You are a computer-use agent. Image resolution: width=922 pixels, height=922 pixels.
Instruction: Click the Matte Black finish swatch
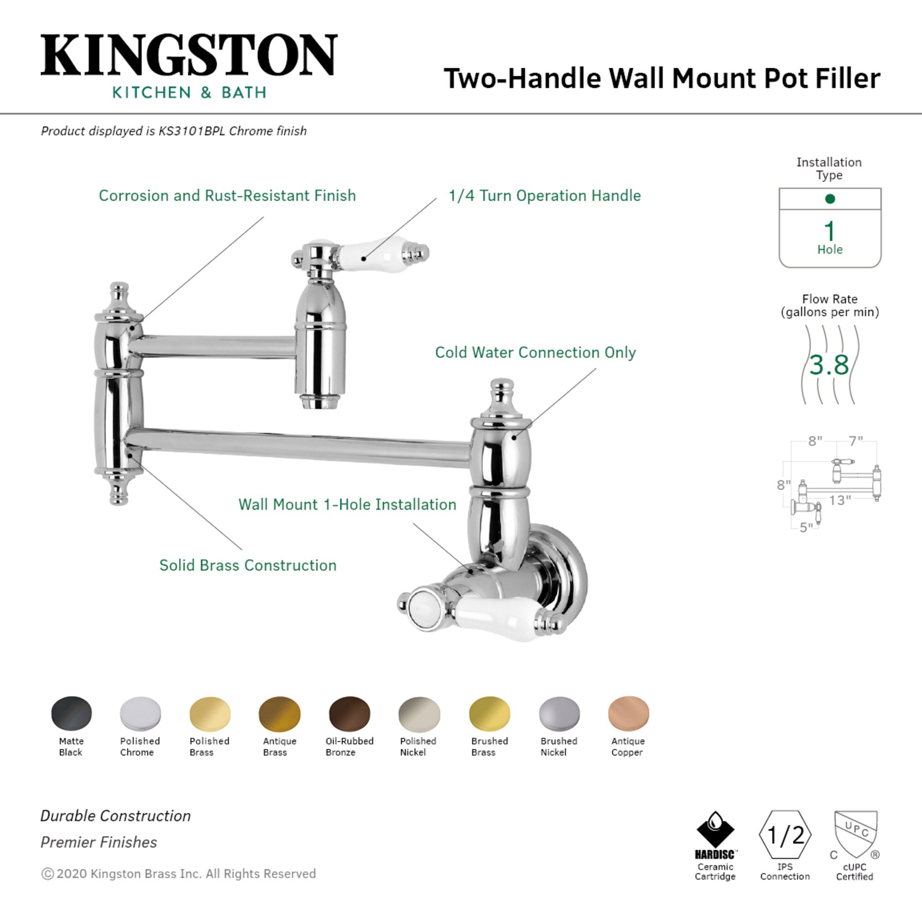pos(71,714)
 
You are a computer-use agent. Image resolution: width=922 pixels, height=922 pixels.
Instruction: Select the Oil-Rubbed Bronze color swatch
pos(349,714)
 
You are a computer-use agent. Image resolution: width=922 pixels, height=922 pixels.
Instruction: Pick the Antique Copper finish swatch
pos(628,714)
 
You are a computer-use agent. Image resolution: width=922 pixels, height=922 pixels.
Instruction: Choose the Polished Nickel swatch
pos(419,714)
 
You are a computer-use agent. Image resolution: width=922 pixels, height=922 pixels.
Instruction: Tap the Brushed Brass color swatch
pos(489,714)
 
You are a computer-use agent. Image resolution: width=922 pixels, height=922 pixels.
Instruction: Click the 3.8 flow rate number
pos(829,365)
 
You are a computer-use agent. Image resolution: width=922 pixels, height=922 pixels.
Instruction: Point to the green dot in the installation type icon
pos(830,199)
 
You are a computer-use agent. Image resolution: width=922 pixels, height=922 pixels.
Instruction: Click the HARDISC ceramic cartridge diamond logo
pos(715,831)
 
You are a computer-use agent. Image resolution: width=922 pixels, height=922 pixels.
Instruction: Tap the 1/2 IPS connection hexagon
pos(785,835)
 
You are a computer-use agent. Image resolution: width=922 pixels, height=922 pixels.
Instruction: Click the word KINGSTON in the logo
pos(189,55)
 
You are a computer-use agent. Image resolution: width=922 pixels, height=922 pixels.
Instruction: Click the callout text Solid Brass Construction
pos(248,566)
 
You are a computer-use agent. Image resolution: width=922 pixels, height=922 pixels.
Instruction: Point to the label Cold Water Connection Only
pos(535,353)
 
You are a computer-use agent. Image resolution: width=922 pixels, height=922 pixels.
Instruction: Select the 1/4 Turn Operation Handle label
pos(544,195)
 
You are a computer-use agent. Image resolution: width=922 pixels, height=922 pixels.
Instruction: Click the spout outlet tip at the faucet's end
pos(319,402)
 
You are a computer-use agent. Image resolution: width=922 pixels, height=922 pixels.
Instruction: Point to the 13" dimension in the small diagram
pos(839,501)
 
